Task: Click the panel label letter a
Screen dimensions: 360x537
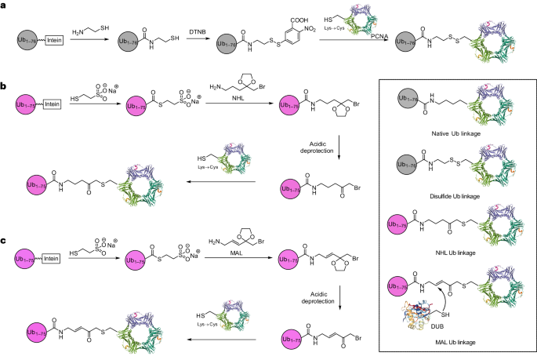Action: coord(5,5)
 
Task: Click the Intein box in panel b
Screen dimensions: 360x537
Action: coord(56,104)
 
